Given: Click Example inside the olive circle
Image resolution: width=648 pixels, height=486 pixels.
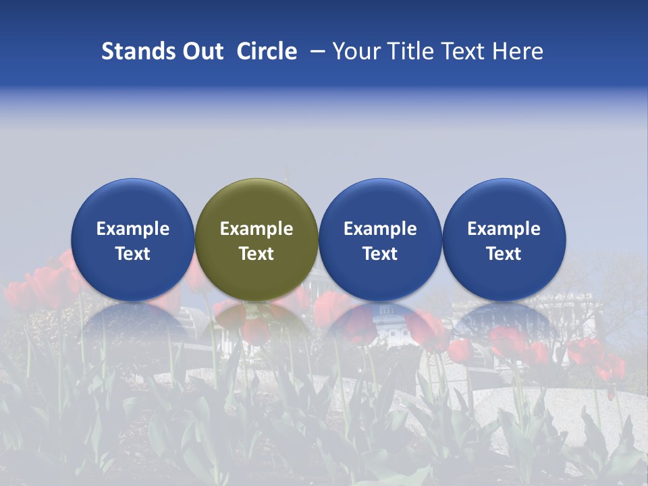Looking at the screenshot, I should (x=256, y=229).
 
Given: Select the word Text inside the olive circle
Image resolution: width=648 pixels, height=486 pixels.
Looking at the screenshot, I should (x=256, y=254).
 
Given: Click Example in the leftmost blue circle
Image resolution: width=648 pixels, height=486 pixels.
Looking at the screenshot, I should (x=133, y=229).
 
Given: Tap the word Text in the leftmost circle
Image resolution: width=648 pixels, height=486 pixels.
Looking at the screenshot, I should (x=133, y=254).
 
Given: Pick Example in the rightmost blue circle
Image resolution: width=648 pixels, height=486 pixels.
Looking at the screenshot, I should (x=504, y=229).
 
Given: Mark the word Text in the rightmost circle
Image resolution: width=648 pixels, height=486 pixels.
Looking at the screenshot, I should (x=504, y=254).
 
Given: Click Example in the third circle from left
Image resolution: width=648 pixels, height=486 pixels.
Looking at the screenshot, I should (x=380, y=229).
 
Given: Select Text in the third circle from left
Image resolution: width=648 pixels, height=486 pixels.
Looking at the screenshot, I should (x=380, y=254).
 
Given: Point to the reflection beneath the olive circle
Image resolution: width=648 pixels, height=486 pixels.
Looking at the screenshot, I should (x=256, y=321).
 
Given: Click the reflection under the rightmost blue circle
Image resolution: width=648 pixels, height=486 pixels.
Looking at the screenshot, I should (x=504, y=321).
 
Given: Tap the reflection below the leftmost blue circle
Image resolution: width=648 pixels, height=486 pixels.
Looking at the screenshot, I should (x=133, y=321).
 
